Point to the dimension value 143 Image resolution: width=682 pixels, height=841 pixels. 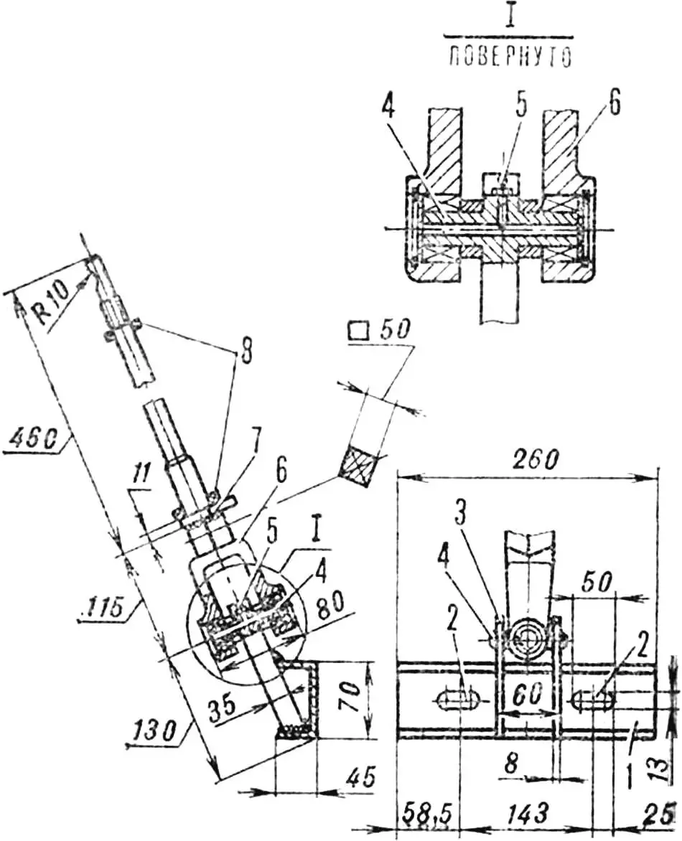(528, 814)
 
